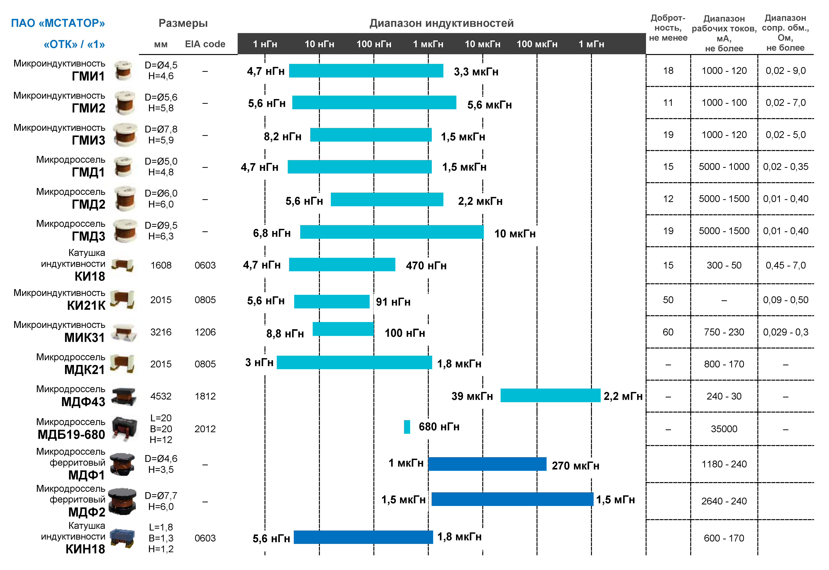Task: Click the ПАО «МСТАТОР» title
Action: click(x=58, y=23)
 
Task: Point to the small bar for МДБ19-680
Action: click(x=407, y=427)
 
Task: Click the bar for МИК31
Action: click(x=343, y=329)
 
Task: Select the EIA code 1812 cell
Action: click(x=205, y=396)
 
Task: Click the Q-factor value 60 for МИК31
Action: click(x=668, y=332)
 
